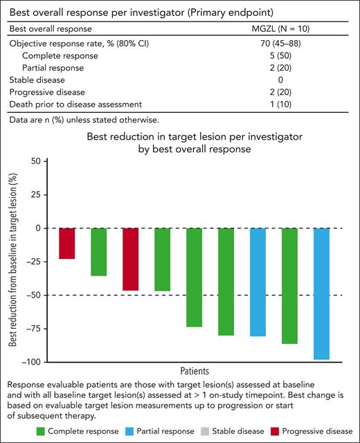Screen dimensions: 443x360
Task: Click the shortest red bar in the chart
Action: (x=66, y=243)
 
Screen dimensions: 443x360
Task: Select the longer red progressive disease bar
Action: (x=130, y=259)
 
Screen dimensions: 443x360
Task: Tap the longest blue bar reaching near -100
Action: (x=321, y=293)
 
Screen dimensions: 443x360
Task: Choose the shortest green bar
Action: (x=98, y=252)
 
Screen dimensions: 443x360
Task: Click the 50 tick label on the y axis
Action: (x=32, y=161)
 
